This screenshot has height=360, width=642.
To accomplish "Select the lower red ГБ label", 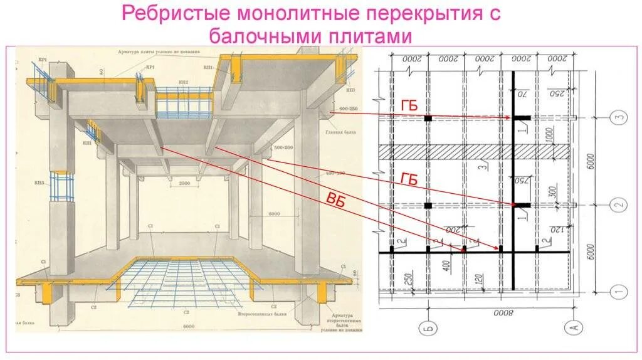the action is (x=408, y=179).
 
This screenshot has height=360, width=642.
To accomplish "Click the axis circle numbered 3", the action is (x=618, y=117).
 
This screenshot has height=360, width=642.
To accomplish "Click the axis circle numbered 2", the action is (x=618, y=205).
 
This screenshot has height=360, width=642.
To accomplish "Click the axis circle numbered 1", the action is (x=618, y=291).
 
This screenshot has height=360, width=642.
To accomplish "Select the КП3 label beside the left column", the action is (x=39, y=183).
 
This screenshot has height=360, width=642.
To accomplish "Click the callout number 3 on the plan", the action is (x=484, y=167).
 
